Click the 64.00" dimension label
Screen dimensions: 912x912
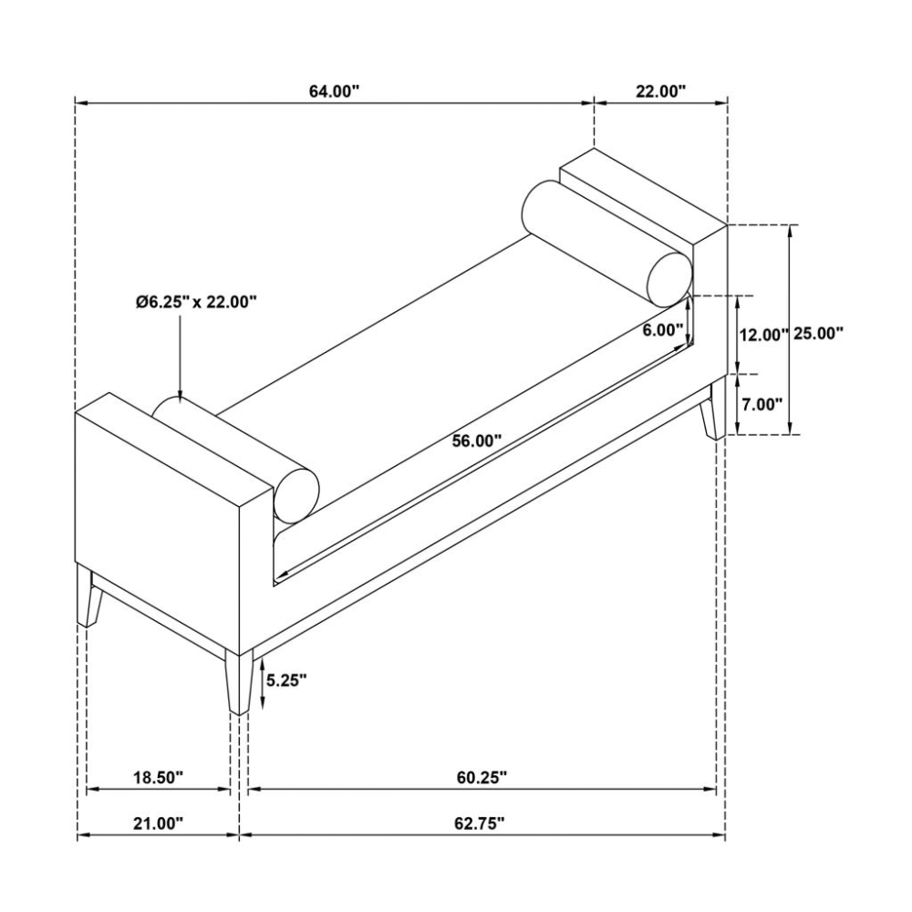(334, 91)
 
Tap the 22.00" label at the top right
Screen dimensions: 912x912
(660, 91)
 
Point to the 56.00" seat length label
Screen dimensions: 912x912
(478, 440)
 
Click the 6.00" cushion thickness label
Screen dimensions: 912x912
(662, 330)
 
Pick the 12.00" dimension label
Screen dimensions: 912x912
(762, 335)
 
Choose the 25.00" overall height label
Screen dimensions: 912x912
(817, 334)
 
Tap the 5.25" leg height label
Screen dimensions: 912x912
(285, 679)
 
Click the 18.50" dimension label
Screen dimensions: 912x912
(158, 777)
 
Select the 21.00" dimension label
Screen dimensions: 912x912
(158, 823)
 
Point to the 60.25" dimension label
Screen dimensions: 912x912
(482, 777)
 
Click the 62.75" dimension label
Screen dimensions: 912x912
(480, 823)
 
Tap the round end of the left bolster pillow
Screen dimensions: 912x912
(296, 496)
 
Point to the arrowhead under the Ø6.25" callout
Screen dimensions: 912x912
(180, 393)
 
